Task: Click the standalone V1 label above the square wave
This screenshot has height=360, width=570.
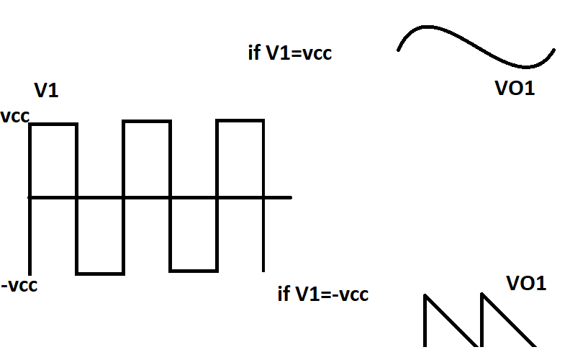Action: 46,91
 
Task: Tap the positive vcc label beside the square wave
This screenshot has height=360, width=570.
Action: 15,117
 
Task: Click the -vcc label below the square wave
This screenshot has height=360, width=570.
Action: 19,285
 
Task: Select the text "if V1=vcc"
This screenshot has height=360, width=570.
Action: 289,53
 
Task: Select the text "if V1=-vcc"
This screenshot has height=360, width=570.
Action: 322,294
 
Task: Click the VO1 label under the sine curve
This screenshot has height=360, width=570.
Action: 515,89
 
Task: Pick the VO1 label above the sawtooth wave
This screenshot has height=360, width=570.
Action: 526,284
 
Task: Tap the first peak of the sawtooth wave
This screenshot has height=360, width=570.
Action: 425,294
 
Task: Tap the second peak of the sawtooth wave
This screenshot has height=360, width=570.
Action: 481,294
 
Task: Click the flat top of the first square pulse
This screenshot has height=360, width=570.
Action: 53,125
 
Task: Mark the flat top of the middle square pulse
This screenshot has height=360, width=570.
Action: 147,122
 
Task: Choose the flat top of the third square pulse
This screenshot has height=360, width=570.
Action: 240,121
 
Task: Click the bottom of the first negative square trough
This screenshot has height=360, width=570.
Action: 100,274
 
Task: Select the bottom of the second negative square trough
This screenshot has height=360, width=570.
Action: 194,271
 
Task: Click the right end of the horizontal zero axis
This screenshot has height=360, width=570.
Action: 289,197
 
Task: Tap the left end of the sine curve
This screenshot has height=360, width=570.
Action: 399,50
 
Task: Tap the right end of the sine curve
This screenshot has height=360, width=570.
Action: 553,50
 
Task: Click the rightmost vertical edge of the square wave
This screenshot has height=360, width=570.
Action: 263,194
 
